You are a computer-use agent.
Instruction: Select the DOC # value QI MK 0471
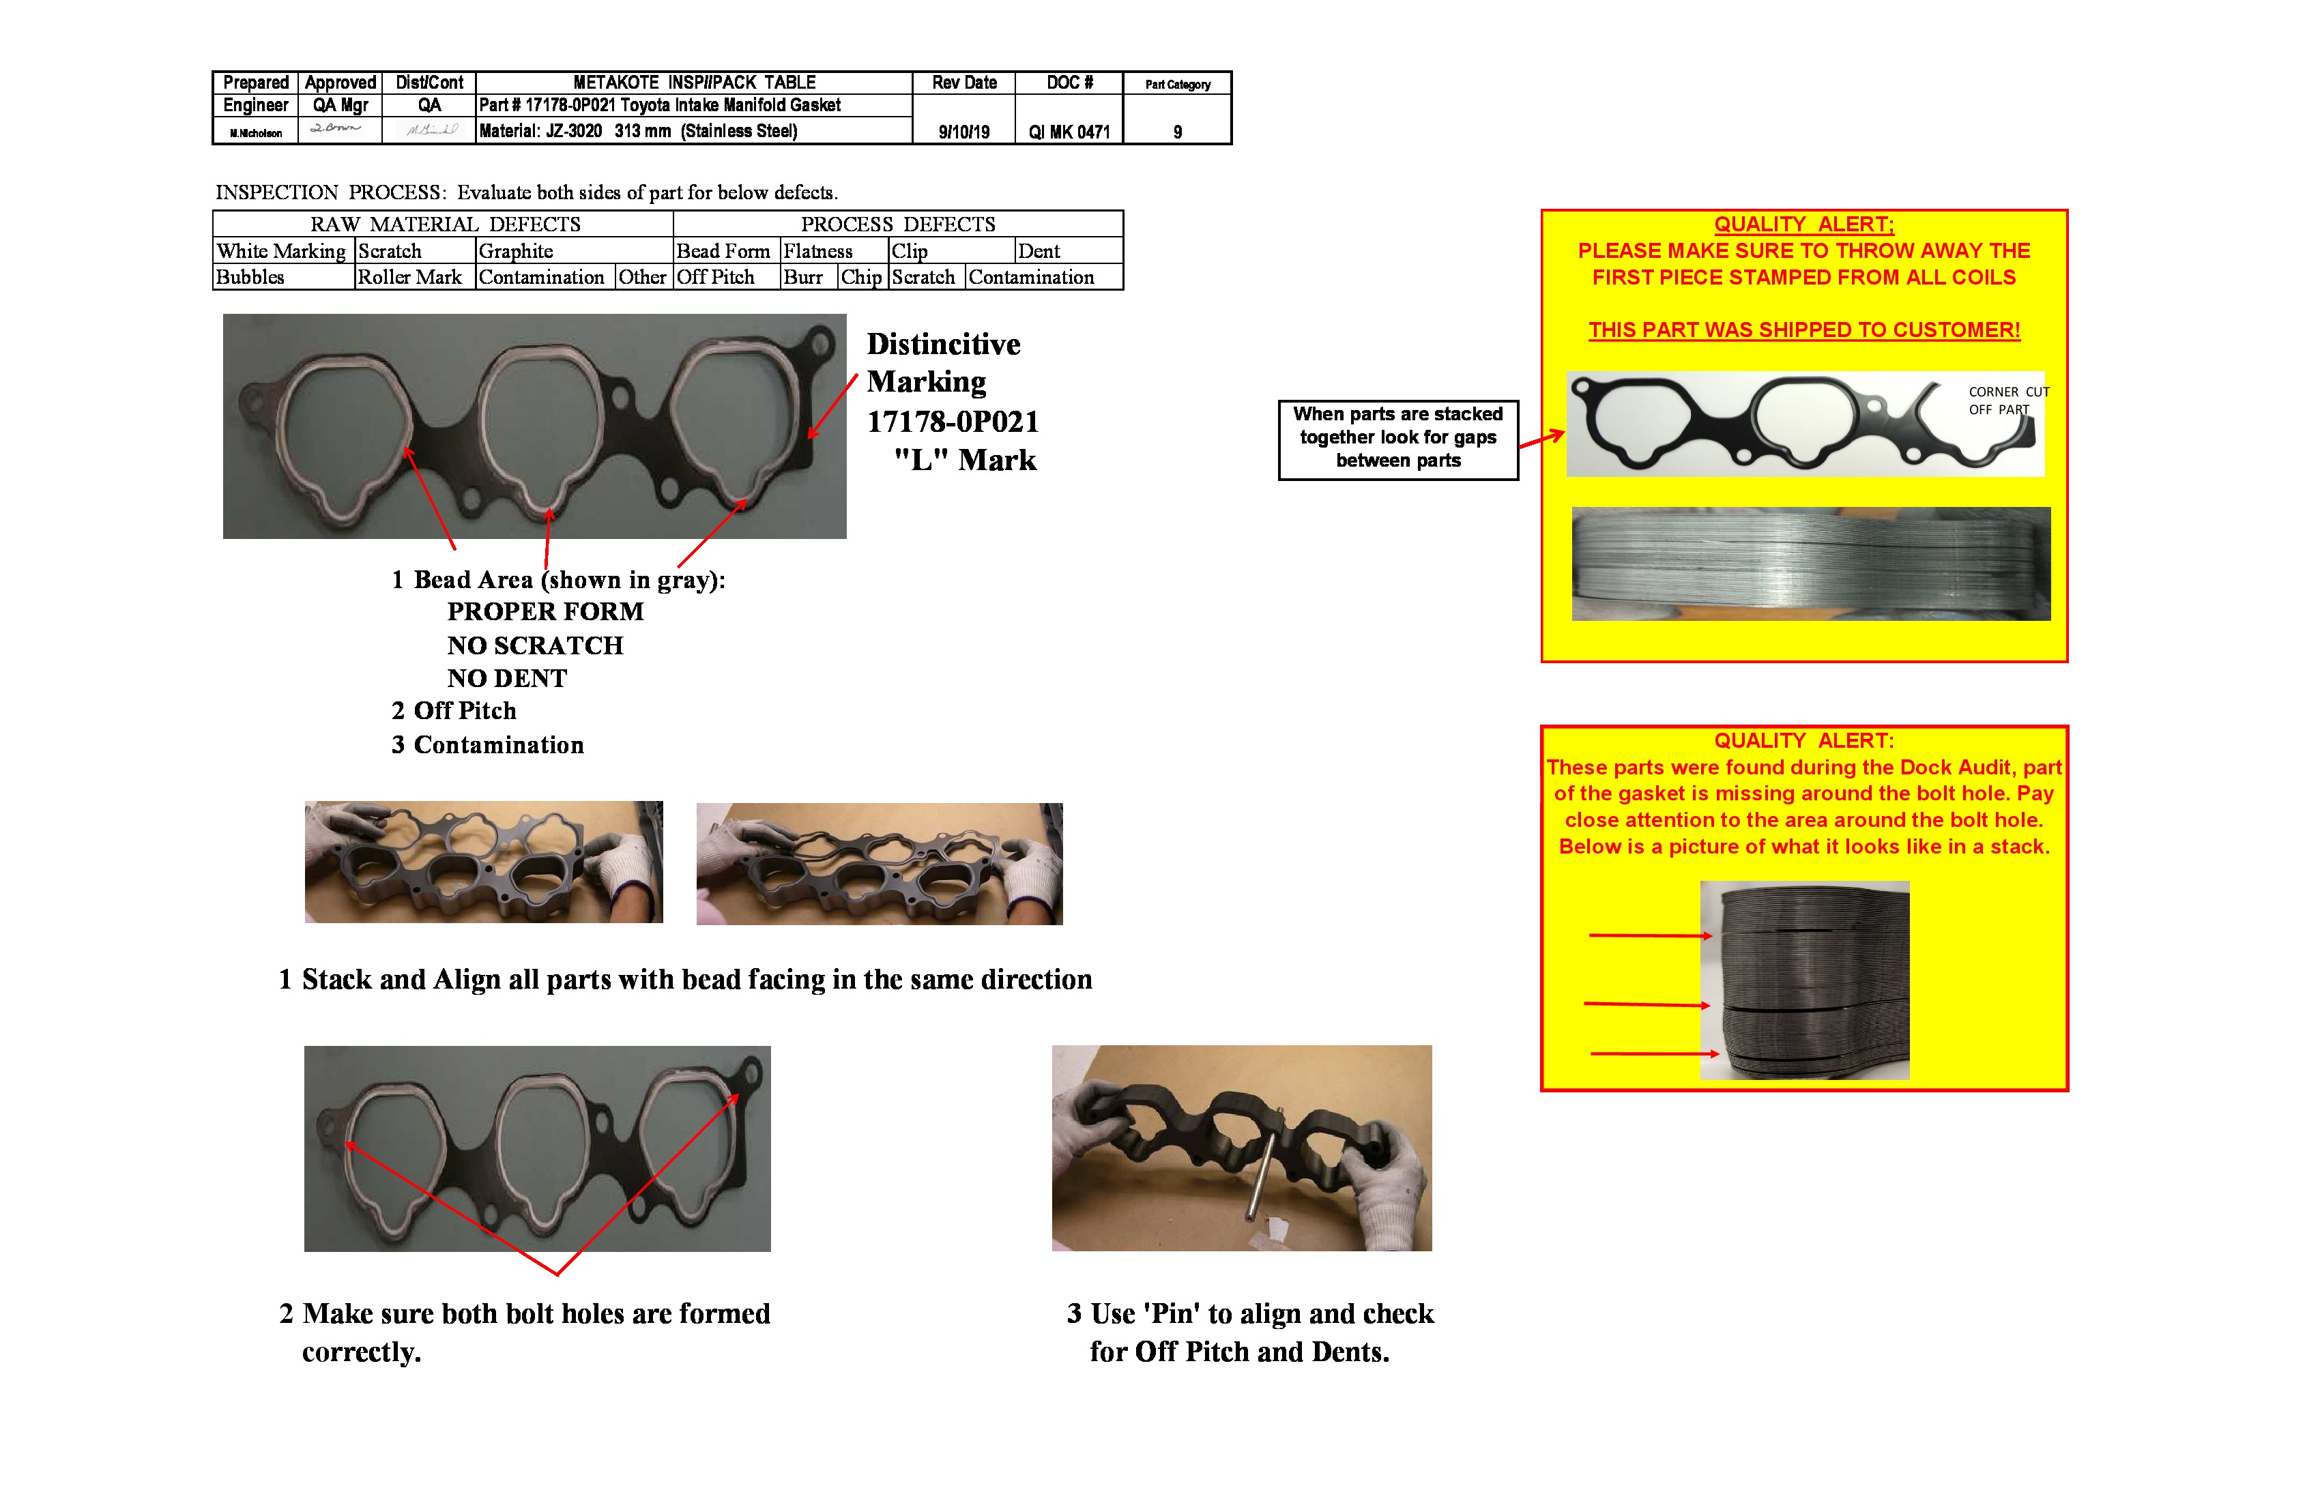click(x=1069, y=132)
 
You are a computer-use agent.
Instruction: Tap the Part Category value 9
click(x=1178, y=132)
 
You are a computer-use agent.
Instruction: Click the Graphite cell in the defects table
click(x=516, y=252)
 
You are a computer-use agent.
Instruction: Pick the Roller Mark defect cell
click(x=409, y=278)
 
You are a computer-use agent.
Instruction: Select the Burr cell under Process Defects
click(x=803, y=278)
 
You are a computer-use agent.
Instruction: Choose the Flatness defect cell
click(x=819, y=252)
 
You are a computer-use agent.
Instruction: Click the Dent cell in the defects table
click(x=1039, y=252)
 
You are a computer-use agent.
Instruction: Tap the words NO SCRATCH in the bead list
click(x=535, y=645)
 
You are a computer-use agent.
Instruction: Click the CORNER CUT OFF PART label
click(x=2008, y=400)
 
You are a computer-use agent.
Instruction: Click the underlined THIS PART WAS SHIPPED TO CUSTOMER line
click(x=1803, y=330)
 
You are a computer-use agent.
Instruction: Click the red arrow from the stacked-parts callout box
click(x=1541, y=441)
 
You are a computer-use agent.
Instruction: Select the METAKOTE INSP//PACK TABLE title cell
click(x=693, y=83)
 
